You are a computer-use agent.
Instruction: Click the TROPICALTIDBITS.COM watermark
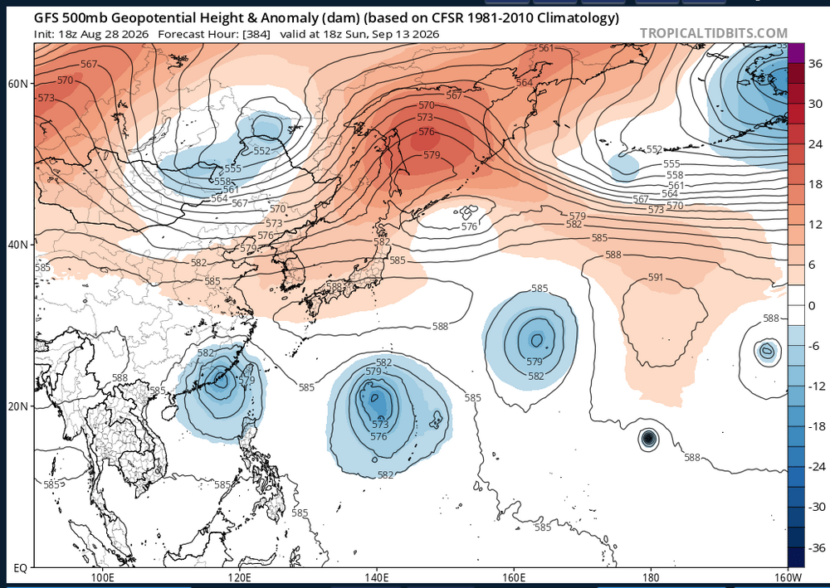[x=714, y=33]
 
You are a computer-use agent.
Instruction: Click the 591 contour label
[x=656, y=277]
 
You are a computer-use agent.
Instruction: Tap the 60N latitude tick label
[x=18, y=84]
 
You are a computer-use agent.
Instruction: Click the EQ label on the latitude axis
[x=20, y=568]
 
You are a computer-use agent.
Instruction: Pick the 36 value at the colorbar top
[x=816, y=64]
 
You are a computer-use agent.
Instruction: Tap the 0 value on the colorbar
[x=813, y=305]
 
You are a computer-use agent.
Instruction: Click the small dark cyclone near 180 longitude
[x=648, y=439]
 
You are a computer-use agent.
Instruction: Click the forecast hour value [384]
[x=256, y=34]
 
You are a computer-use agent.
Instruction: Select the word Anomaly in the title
[x=286, y=18]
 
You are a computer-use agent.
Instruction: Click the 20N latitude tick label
[x=18, y=406]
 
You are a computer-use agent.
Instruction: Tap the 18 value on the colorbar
[x=816, y=184]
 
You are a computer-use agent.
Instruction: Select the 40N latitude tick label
[x=18, y=245]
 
